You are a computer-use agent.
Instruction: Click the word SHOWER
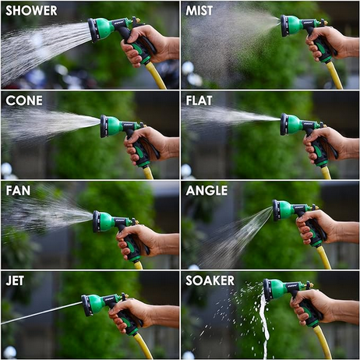31,11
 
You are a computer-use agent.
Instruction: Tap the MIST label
199,11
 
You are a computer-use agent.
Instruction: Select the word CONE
24,101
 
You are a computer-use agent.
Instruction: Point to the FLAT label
199,101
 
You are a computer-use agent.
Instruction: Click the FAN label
18,190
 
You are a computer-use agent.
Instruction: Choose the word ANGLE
206,190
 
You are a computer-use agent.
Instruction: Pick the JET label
15,281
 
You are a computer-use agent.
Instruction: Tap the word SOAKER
210,281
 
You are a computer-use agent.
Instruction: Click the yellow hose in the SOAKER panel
323,341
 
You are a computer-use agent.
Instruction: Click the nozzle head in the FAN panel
104,221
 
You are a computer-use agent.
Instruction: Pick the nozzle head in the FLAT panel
291,124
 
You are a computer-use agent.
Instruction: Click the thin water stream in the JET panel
41,313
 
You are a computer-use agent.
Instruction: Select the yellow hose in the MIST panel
334,76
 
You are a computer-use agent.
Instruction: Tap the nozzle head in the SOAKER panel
274,290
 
